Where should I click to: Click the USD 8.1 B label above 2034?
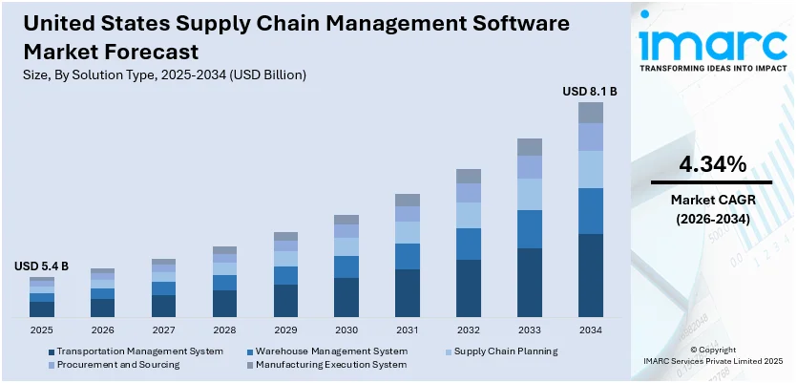tap(589, 92)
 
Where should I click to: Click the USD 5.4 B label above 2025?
tap(41, 266)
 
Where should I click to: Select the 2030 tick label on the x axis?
tap(346, 330)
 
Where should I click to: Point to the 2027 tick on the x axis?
tap(163, 330)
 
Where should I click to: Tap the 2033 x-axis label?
tap(529, 330)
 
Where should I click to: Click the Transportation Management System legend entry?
tap(139, 351)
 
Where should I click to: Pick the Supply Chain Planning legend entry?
tap(505, 351)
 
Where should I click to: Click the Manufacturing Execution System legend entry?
tap(325, 364)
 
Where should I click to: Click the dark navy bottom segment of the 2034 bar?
tap(590, 275)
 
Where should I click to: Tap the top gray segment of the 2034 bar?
tap(590, 113)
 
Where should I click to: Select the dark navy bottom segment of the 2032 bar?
tap(468, 287)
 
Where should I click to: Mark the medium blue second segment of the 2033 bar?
tap(529, 229)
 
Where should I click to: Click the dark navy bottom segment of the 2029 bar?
tap(285, 300)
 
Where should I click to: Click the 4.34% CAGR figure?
tap(711, 164)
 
